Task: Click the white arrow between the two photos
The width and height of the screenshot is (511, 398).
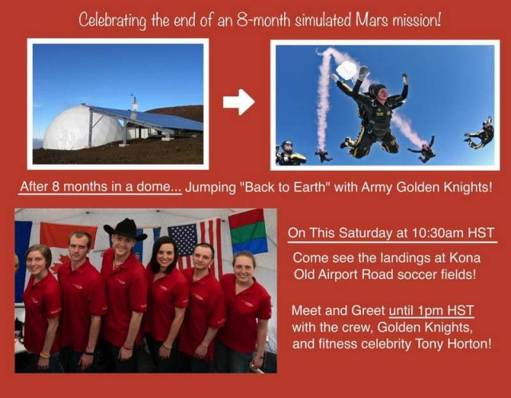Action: (239, 101)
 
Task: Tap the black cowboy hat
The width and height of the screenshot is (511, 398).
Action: (125, 229)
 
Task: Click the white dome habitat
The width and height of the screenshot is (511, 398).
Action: (81, 127)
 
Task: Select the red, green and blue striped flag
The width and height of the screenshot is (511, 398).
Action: (248, 231)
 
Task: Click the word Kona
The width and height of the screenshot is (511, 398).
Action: (465, 257)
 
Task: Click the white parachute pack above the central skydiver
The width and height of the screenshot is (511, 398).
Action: (347, 70)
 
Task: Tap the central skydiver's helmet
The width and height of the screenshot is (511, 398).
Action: (378, 90)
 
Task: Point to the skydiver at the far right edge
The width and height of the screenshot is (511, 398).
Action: (480, 133)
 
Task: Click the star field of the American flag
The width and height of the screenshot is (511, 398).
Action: (184, 240)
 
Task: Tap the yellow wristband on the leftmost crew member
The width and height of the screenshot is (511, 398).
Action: (45, 356)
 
